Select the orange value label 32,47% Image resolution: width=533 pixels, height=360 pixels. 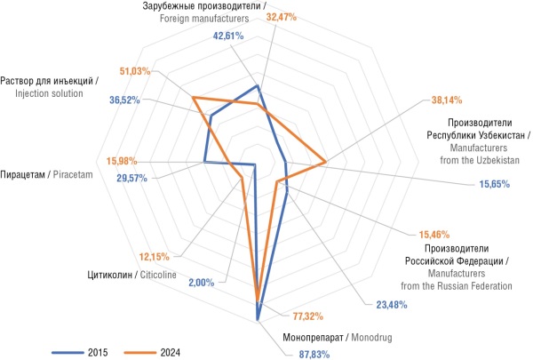coord(282,15)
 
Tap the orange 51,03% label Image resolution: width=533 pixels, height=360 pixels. coord(135,70)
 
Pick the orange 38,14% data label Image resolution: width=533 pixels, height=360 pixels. coord(447,99)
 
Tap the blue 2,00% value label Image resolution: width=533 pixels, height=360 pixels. coord(202,283)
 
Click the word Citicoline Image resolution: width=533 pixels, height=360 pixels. coord(156,274)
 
